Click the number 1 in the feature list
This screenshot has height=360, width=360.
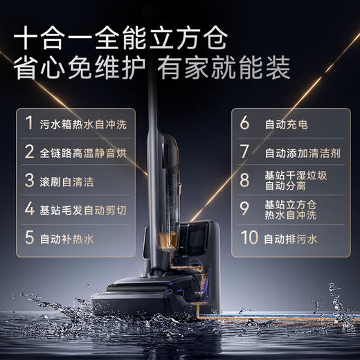point(29,123)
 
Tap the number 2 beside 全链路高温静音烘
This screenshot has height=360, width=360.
point(29,152)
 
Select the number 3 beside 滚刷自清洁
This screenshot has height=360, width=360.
point(29,180)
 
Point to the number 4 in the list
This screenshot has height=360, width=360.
point(29,208)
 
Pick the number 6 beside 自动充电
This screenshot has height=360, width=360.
point(244,123)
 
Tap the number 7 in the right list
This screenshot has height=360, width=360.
point(244,152)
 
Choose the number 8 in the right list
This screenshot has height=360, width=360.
point(244,180)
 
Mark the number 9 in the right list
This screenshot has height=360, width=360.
point(244,208)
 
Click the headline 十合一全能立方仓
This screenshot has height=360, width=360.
point(132,37)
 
